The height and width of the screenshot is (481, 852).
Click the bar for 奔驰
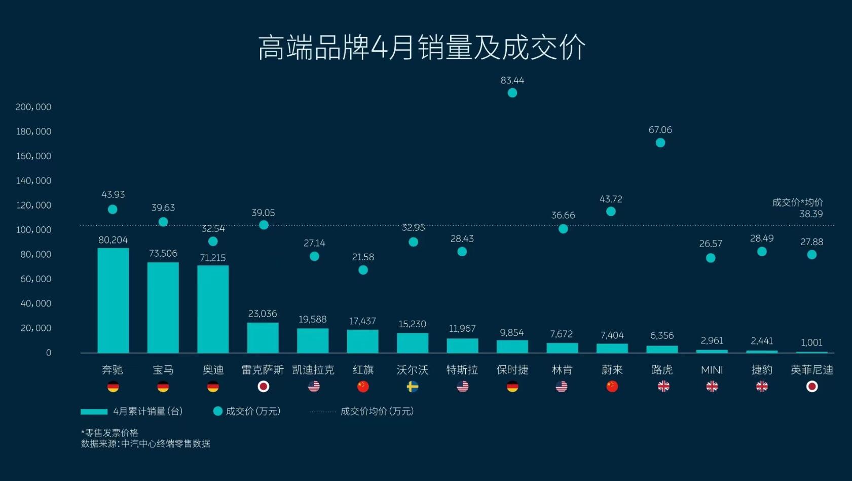pyautogui.click(x=113, y=300)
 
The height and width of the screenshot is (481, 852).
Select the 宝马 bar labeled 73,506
pyautogui.click(x=163, y=307)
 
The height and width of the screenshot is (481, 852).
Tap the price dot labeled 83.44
pyautogui.click(x=512, y=93)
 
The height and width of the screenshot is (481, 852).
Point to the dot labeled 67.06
pyautogui.click(x=660, y=143)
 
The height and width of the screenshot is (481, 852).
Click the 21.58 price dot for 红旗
pyautogui.click(x=363, y=270)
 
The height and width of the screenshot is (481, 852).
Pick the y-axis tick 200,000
pyautogui.click(x=33, y=107)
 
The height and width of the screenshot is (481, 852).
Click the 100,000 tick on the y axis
pyautogui.click(x=33, y=230)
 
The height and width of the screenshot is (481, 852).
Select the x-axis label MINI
pyautogui.click(x=712, y=370)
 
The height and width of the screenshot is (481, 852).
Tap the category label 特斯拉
pyautogui.click(x=462, y=370)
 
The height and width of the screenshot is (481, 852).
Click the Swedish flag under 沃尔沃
pyautogui.click(x=413, y=387)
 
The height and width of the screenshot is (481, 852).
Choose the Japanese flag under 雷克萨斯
pyautogui.click(x=263, y=387)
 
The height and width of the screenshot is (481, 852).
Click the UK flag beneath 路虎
pyautogui.click(x=663, y=387)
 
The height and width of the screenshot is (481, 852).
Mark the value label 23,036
pyautogui.click(x=263, y=314)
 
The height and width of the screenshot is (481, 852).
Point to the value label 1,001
pyautogui.click(x=811, y=342)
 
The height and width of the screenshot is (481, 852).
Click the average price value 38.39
pyautogui.click(x=811, y=214)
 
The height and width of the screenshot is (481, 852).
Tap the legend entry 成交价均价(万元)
pyautogui.click(x=377, y=411)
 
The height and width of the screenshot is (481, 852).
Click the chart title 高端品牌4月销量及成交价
pyautogui.click(x=422, y=48)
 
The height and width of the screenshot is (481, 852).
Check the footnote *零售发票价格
pyautogui.click(x=109, y=433)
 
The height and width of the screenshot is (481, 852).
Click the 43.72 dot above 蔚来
pyautogui.click(x=611, y=211)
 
